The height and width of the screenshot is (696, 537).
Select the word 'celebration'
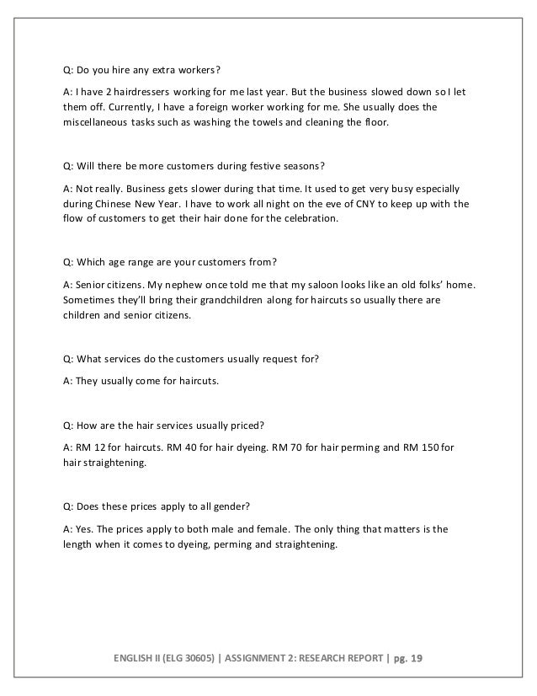[306, 219]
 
